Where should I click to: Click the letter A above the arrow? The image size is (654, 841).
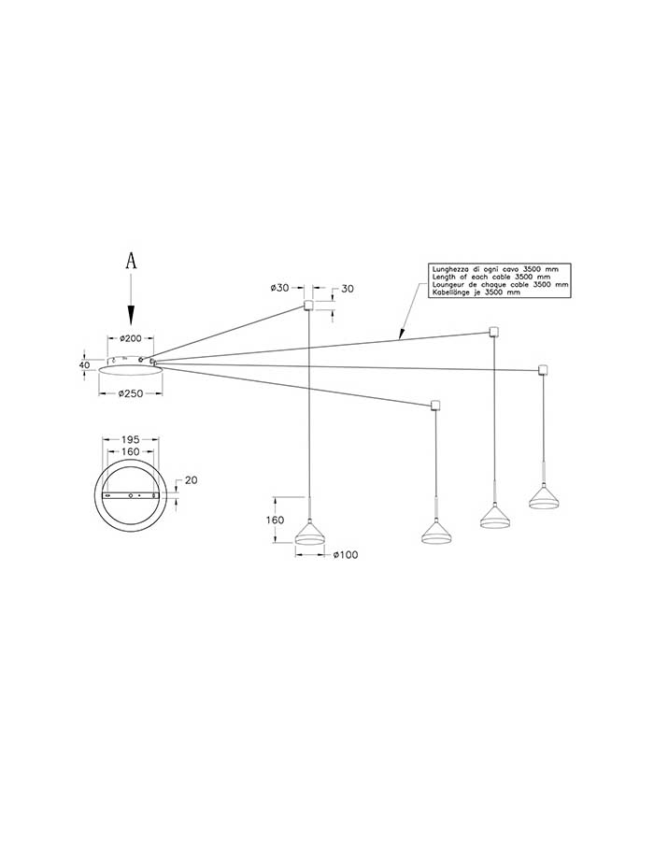(131, 262)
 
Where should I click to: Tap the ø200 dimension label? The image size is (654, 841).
(131, 338)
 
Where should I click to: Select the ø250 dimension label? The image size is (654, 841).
(131, 393)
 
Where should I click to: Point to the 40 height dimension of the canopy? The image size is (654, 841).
(84, 364)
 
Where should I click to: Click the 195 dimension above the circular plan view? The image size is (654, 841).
(130, 439)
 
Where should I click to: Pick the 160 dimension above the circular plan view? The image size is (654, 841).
(130, 451)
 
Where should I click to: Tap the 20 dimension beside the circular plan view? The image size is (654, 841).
(191, 480)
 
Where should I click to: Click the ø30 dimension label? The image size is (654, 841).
(280, 288)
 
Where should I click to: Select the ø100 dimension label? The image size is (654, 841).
(346, 555)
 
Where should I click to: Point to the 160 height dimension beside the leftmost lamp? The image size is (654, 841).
(275, 520)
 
